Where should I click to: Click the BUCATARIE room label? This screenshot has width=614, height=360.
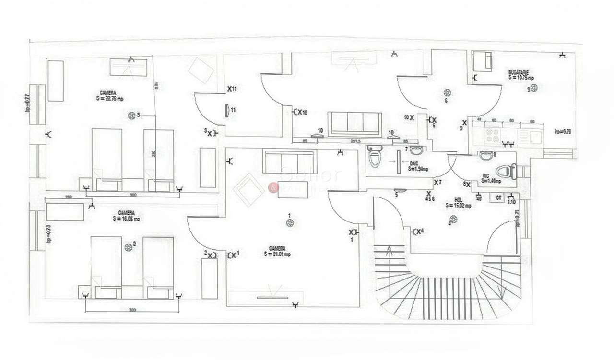click(519, 72)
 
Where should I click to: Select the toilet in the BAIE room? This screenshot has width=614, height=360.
click(374, 157)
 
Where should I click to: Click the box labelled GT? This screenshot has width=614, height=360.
click(499, 197)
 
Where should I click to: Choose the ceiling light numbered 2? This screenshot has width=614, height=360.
click(128, 247)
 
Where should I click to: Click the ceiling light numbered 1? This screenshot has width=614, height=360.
click(290, 222)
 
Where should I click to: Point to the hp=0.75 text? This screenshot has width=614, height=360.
click(563, 131)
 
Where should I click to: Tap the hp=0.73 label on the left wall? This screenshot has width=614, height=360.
click(48, 233)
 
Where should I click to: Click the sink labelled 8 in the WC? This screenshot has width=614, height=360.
click(485, 155)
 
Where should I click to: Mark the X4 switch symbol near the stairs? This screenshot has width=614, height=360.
click(418, 232)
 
